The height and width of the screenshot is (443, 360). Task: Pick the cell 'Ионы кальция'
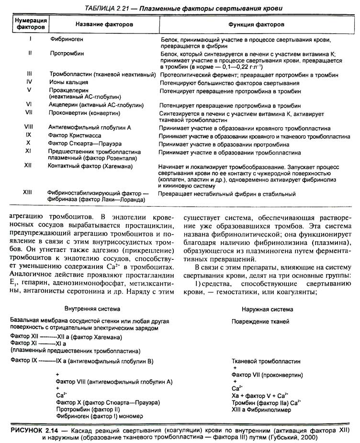(68, 82)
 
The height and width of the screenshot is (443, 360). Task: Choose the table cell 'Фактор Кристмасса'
(78, 135)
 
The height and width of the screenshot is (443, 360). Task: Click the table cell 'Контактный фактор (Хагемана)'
(90, 166)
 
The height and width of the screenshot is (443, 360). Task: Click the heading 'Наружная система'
(260, 309)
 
